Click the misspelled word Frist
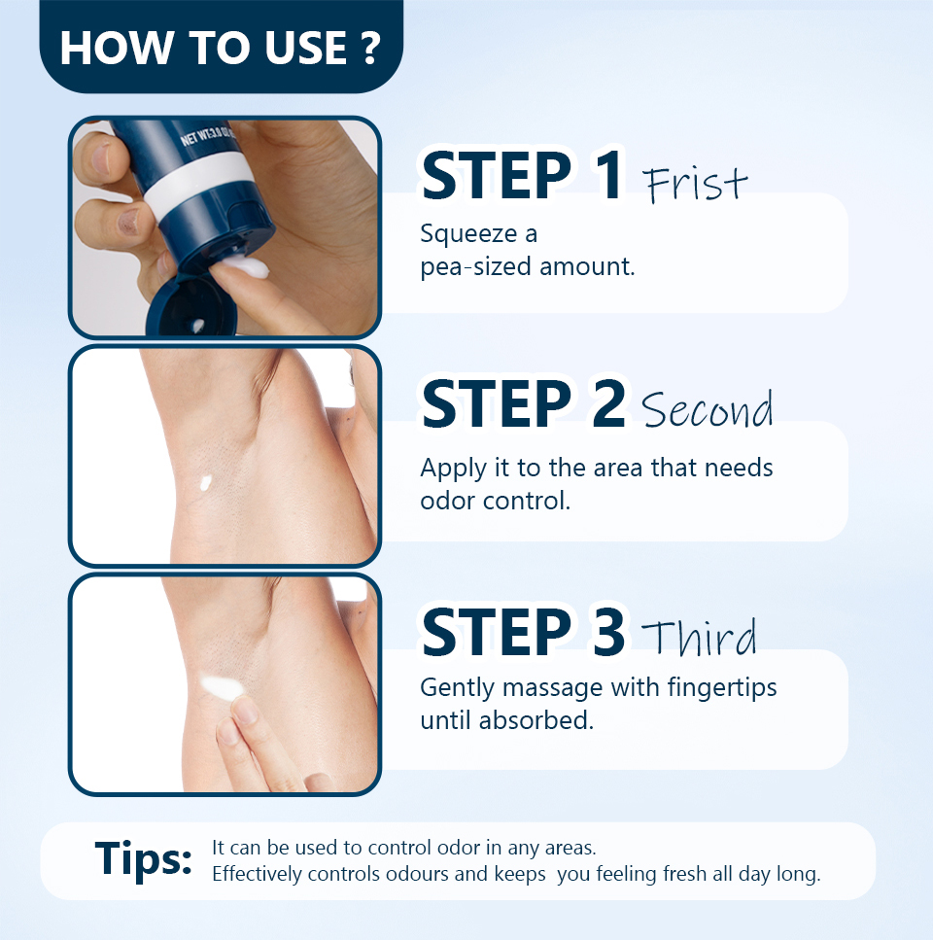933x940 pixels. [696, 184]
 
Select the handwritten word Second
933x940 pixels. [708, 409]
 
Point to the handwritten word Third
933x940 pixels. [699, 637]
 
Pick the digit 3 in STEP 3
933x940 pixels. [608, 631]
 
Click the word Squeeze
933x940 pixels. [468, 234]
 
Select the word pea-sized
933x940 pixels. [476, 266]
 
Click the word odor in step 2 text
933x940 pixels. [447, 501]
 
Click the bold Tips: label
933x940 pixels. [143, 858]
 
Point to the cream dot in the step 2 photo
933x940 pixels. [204, 482]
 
